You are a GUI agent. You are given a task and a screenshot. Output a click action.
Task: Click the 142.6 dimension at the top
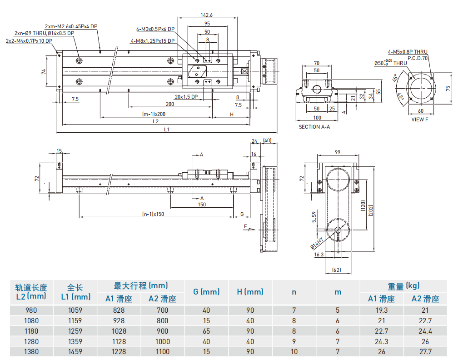207,15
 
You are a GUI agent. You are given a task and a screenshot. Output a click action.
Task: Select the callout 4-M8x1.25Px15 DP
153,41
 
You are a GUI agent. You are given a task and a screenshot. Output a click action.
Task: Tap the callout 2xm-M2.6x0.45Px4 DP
71,26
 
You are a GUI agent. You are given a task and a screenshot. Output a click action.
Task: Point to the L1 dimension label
166,130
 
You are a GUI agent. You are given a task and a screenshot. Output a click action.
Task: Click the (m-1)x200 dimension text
154,114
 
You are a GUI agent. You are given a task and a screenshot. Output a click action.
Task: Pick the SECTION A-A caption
314,127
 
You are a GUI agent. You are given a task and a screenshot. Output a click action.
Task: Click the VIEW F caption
420,120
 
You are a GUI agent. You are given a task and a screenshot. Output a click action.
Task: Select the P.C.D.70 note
418,58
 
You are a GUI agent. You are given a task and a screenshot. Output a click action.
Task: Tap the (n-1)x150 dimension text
153,214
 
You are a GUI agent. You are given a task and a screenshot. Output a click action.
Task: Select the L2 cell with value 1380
31,351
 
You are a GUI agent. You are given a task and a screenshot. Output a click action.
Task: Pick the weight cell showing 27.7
425,351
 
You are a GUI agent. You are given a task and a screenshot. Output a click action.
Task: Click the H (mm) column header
250,292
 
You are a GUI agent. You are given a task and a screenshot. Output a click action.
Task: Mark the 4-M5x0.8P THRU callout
408,52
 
